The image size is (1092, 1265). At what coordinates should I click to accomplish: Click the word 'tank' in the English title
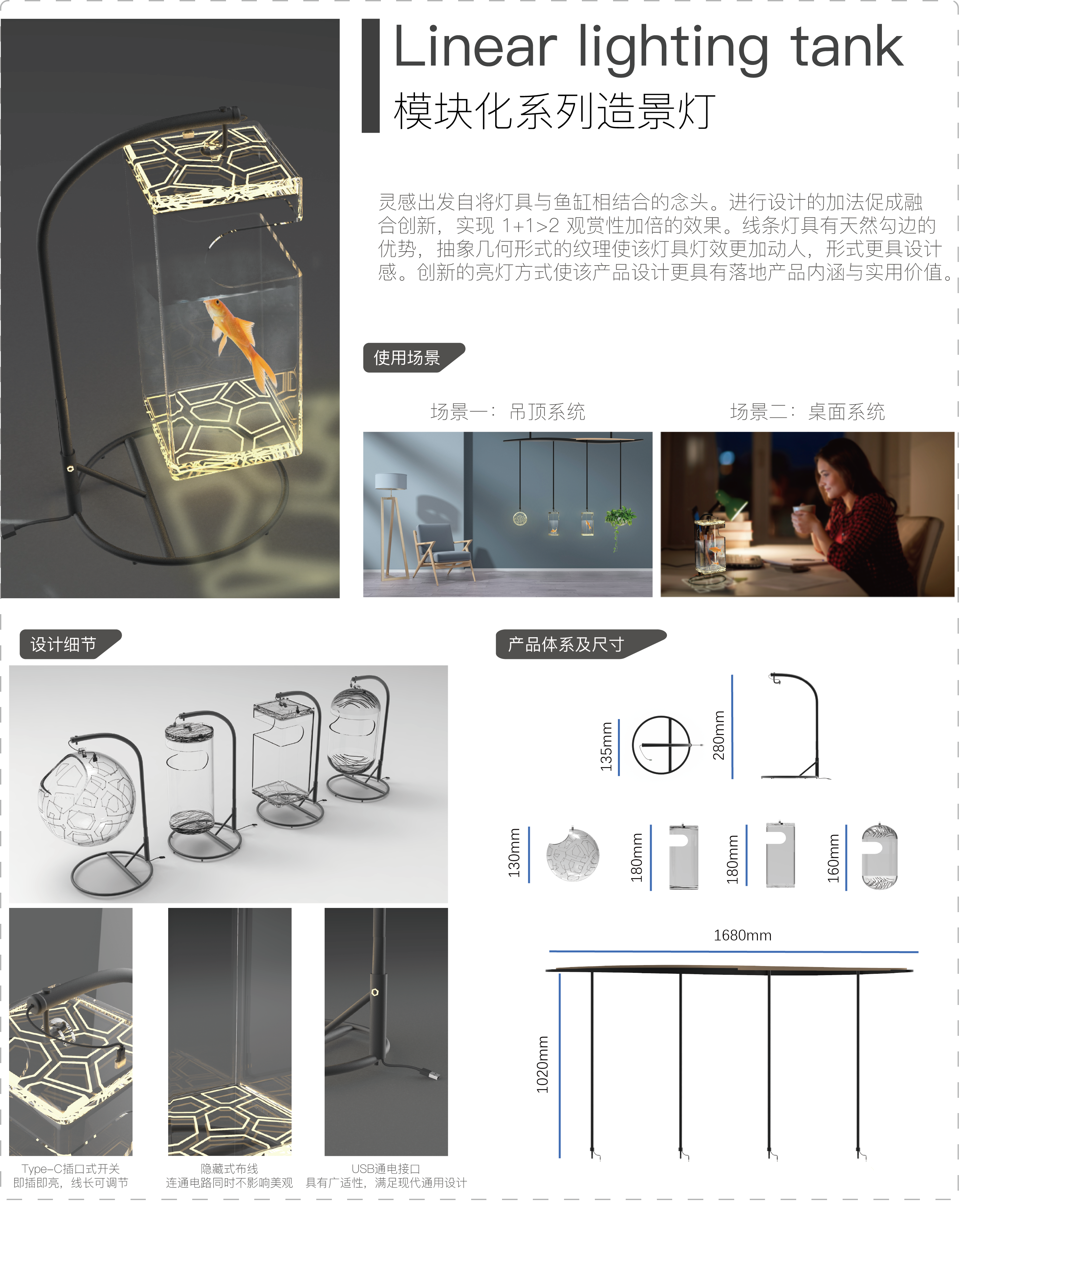point(847,48)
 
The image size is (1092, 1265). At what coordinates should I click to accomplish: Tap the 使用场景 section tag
point(408,358)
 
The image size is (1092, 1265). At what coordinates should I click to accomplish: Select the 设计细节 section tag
point(64,644)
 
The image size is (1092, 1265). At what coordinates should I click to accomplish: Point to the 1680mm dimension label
point(742,935)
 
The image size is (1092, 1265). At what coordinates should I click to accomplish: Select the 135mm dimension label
point(606,746)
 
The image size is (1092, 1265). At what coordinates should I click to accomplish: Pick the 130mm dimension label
point(514,853)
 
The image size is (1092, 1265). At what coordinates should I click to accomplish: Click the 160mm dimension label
point(834,858)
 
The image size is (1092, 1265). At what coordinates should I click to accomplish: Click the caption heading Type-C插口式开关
point(71,1169)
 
